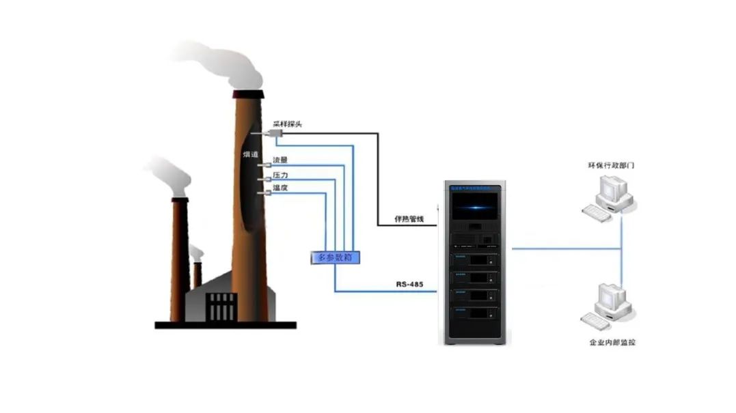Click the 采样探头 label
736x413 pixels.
(x=287, y=124)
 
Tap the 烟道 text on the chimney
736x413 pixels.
(x=250, y=155)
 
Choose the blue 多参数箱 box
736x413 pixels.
(x=335, y=257)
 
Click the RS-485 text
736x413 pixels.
(x=411, y=283)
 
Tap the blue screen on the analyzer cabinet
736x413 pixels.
(x=475, y=205)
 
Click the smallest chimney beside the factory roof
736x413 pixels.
(x=197, y=273)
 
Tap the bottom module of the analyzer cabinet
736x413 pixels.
(x=475, y=315)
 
